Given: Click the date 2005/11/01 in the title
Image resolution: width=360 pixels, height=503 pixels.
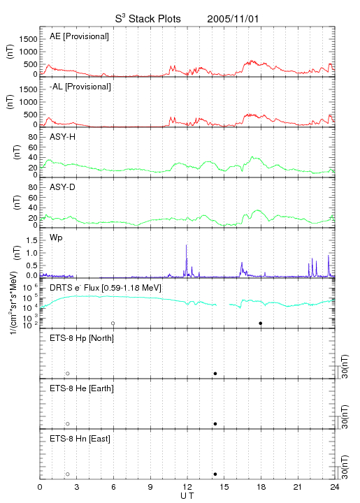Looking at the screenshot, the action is pyautogui.click(x=233, y=19).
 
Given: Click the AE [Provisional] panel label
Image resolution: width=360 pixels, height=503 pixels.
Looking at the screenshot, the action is pyautogui.click(x=79, y=36).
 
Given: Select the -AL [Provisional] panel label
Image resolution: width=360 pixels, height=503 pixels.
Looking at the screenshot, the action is pyautogui.click(x=80, y=87).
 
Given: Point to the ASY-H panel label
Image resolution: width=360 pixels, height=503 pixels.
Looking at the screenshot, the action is pyautogui.click(x=63, y=137).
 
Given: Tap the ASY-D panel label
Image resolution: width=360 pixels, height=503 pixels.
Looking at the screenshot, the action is pyautogui.click(x=63, y=187).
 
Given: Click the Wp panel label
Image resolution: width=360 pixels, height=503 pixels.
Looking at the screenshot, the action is pyautogui.click(x=56, y=238).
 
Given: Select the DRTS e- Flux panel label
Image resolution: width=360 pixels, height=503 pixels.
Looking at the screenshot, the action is pyautogui.click(x=106, y=288).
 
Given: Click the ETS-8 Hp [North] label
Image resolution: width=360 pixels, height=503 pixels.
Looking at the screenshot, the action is pyautogui.click(x=82, y=338).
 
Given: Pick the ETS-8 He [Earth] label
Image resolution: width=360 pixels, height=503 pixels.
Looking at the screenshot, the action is pyautogui.click(x=82, y=388).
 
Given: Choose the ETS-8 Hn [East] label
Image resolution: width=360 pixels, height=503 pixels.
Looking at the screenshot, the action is pyautogui.click(x=80, y=439).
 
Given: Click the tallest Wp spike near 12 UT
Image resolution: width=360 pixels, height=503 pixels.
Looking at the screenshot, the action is pyautogui.click(x=186, y=245).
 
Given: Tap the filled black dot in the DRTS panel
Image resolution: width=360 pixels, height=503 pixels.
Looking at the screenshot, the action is pyautogui.click(x=261, y=323).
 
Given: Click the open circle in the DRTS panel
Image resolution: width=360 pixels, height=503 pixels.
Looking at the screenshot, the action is pyautogui.click(x=113, y=323).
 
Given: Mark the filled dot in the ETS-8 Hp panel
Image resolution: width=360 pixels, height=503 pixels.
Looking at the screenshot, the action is pyautogui.click(x=215, y=373).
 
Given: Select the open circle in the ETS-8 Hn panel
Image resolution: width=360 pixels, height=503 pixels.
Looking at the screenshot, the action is pyautogui.click(x=68, y=474).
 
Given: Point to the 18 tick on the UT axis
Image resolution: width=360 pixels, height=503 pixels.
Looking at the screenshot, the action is pyautogui.click(x=261, y=487).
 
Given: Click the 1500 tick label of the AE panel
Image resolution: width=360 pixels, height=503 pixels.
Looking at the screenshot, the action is pyautogui.click(x=28, y=39).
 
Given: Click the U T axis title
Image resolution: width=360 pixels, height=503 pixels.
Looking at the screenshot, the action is pyautogui.click(x=187, y=496).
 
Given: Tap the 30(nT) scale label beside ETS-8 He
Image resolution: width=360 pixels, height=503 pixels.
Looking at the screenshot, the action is pyautogui.click(x=345, y=416).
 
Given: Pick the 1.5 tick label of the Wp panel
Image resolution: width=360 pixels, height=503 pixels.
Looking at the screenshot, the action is pyautogui.click(x=31, y=240).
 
